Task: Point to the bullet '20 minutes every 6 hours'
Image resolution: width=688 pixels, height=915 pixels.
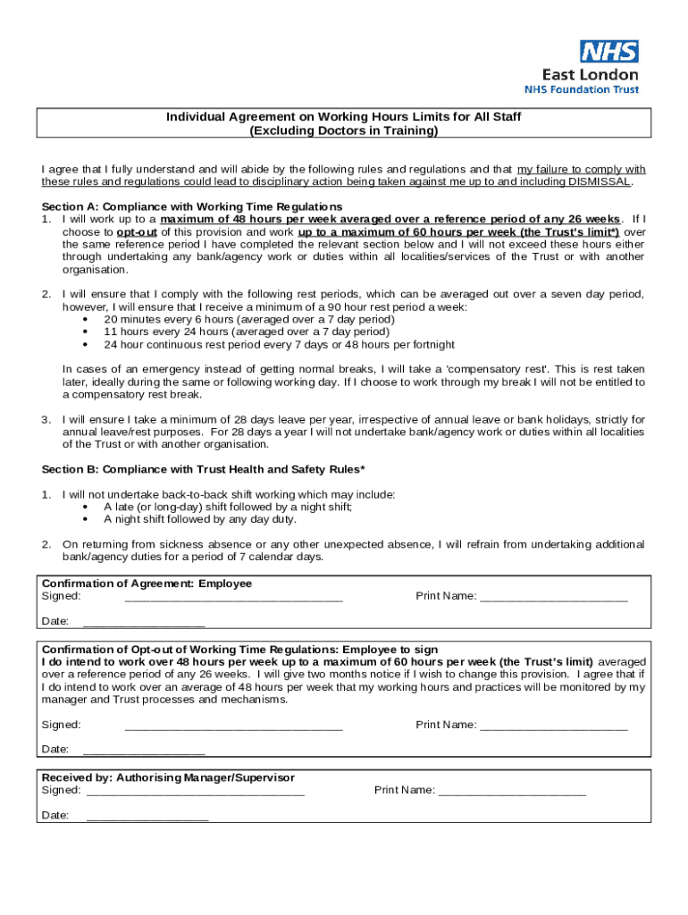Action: (x=249, y=319)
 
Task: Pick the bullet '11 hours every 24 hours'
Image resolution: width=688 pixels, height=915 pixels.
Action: (x=247, y=332)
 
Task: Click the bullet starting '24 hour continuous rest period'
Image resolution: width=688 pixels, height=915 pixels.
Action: (x=279, y=344)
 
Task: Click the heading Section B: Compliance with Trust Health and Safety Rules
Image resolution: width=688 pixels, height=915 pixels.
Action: (x=203, y=469)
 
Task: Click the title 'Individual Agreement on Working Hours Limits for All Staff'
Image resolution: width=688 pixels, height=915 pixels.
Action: (x=344, y=117)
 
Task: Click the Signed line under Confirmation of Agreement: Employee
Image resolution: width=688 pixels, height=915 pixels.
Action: (x=233, y=596)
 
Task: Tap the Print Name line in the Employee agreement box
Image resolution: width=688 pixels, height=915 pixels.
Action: (x=553, y=596)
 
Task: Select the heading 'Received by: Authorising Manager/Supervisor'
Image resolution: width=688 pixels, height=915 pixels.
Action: (x=168, y=777)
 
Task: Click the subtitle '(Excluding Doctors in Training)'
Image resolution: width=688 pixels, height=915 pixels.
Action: (x=344, y=130)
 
